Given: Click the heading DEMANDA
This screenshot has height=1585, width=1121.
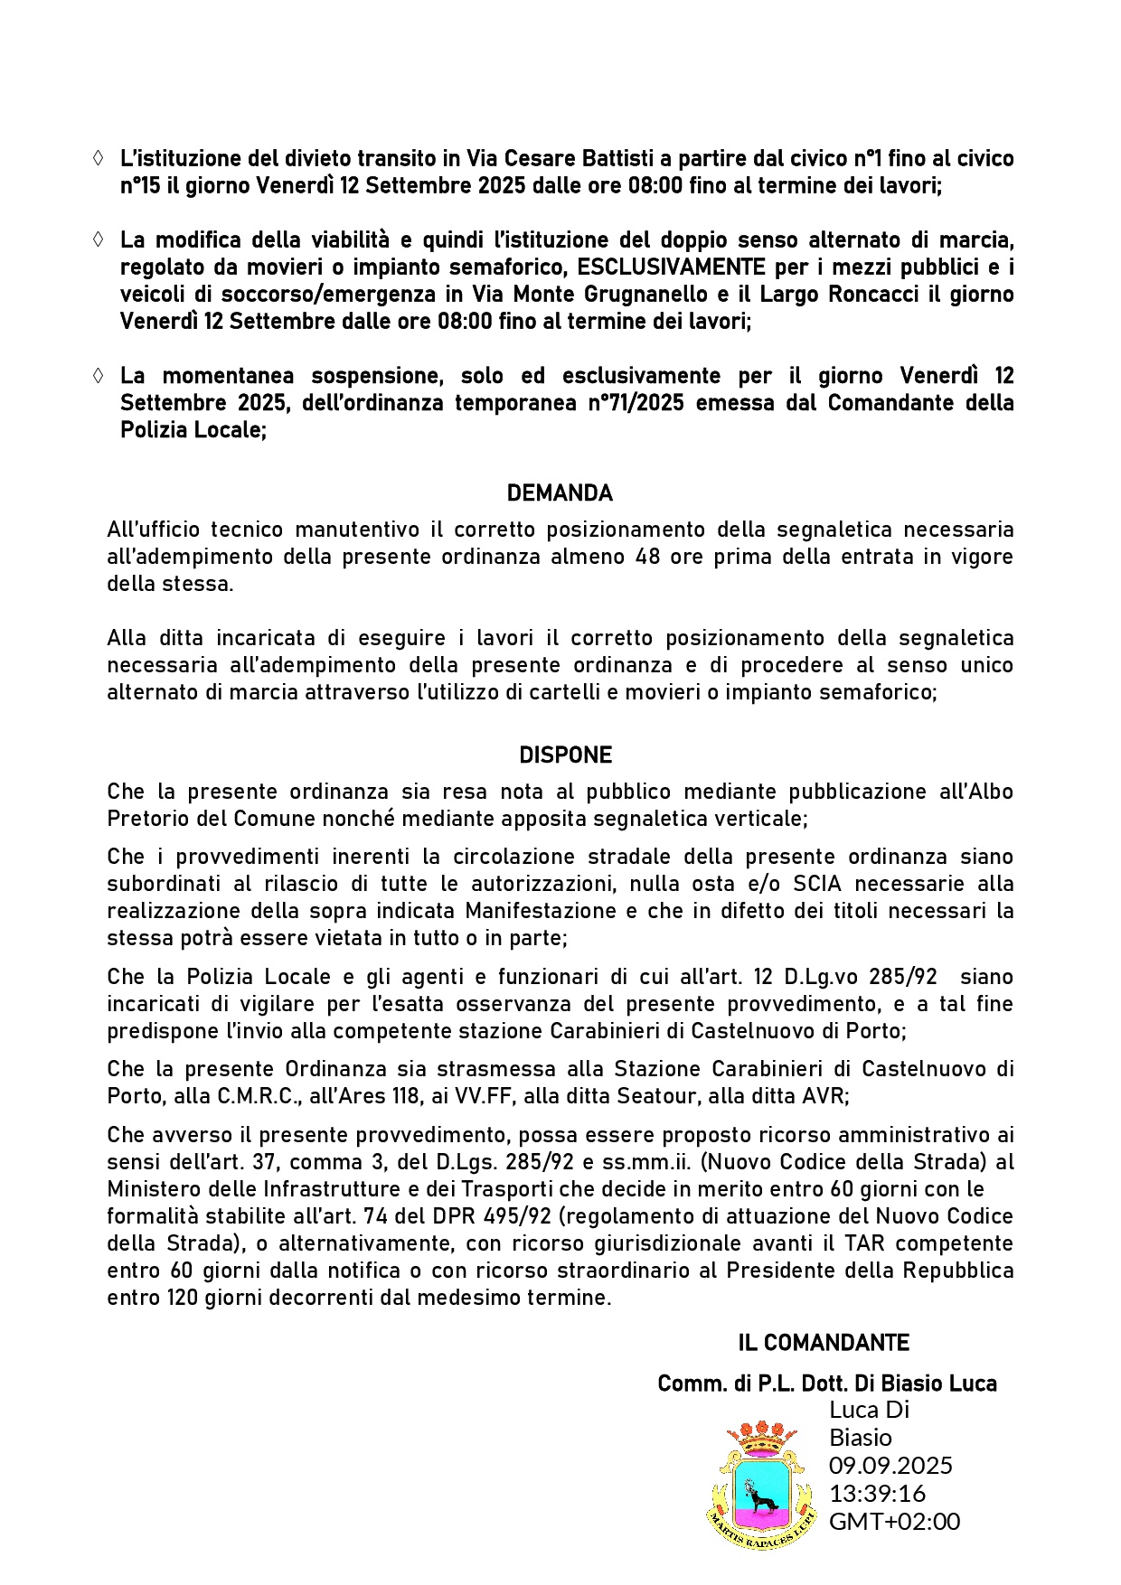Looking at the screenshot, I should (560, 493).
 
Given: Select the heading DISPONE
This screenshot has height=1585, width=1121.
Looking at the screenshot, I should (565, 755).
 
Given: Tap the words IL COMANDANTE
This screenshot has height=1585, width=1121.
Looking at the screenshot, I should (823, 1343).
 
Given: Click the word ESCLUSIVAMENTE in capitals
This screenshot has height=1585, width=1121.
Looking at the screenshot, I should (672, 267).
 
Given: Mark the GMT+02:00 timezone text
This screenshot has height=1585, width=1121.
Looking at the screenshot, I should (894, 1521).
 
